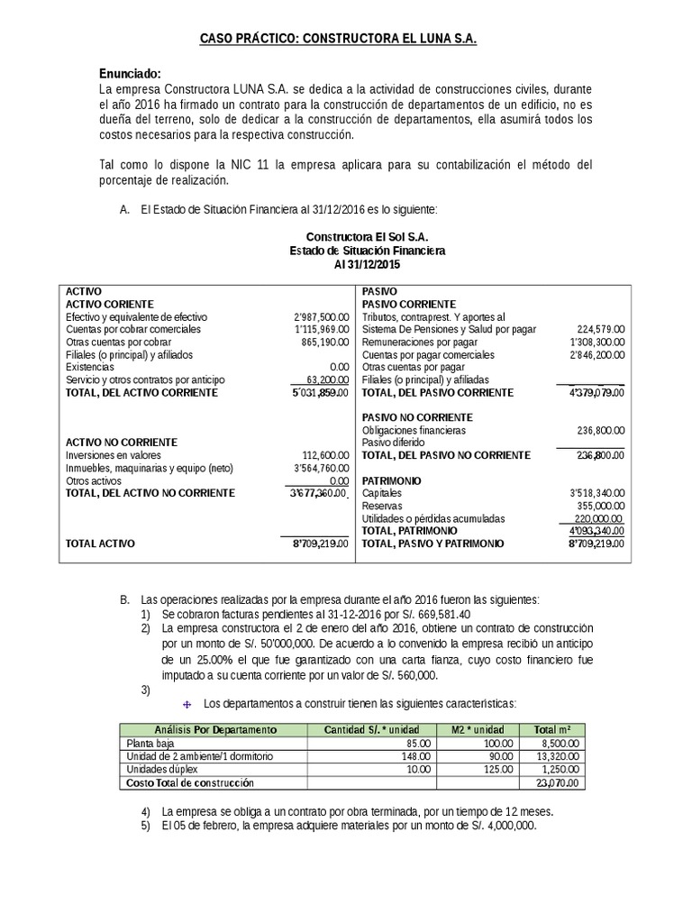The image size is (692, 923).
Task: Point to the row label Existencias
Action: coord(91,368)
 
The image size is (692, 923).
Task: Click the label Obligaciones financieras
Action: coord(414,431)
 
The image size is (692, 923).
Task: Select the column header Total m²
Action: coord(552,728)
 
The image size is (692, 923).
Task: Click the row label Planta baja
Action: coord(151,743)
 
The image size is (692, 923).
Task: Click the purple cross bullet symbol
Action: coord(187,703)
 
